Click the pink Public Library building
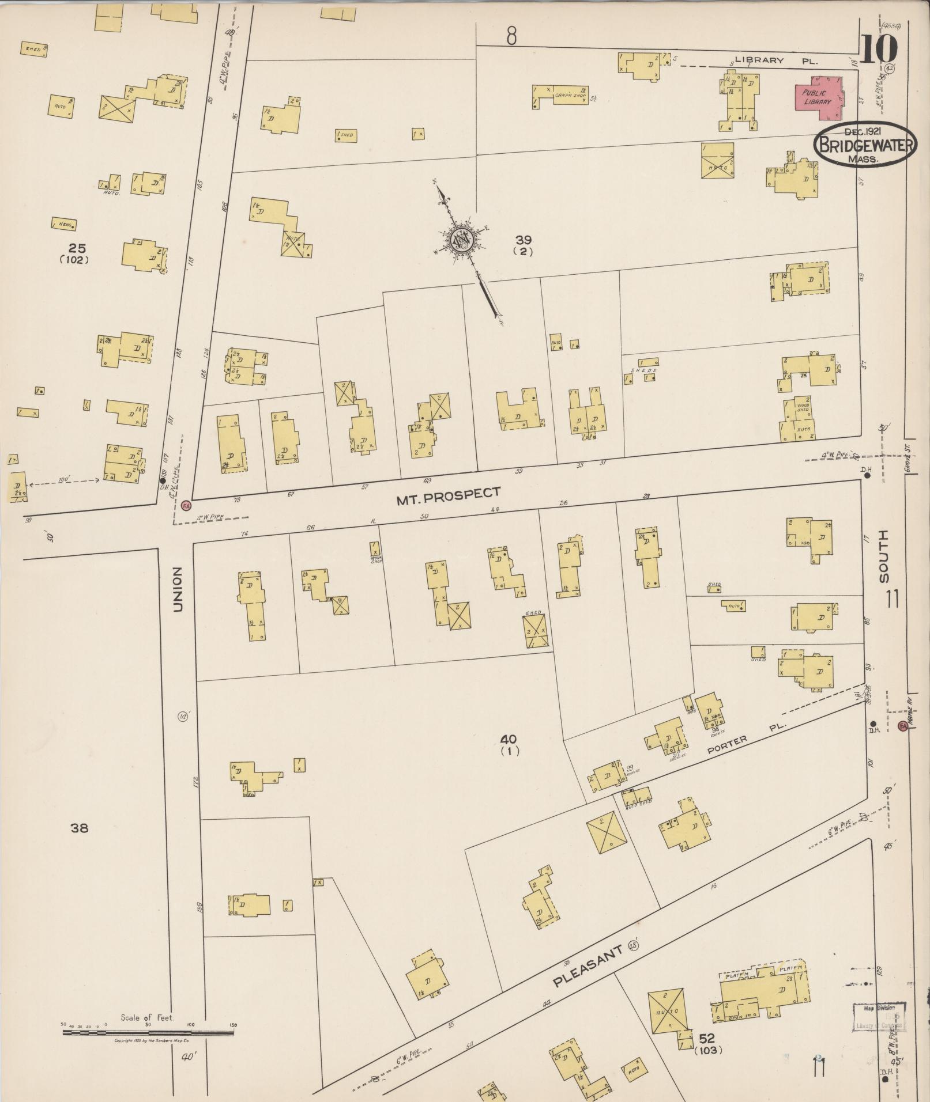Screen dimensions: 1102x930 818,96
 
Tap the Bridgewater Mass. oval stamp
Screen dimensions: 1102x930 864,144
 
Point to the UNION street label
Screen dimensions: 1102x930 178,589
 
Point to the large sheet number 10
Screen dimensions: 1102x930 880,48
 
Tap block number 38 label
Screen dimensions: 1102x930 79,828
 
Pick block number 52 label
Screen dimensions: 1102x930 707,1039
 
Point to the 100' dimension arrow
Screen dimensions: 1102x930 64,479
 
